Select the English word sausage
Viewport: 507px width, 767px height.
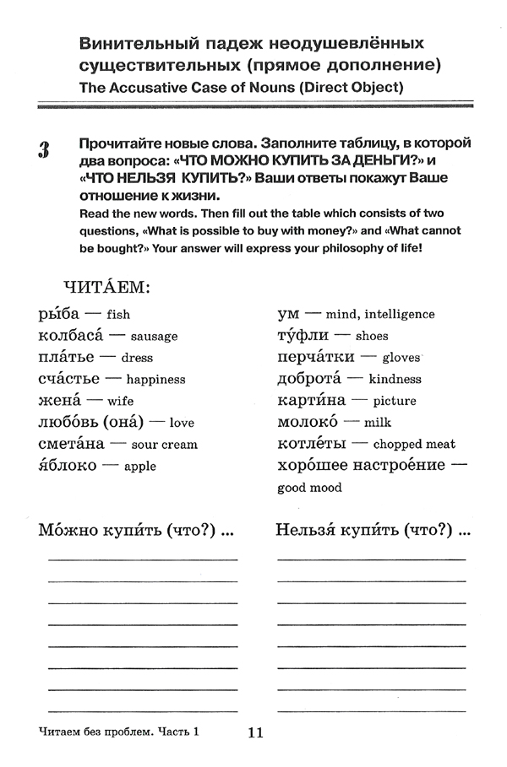pos(155,336)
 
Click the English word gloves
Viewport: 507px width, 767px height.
pos(401,357)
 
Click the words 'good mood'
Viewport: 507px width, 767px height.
pos(309,488)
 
